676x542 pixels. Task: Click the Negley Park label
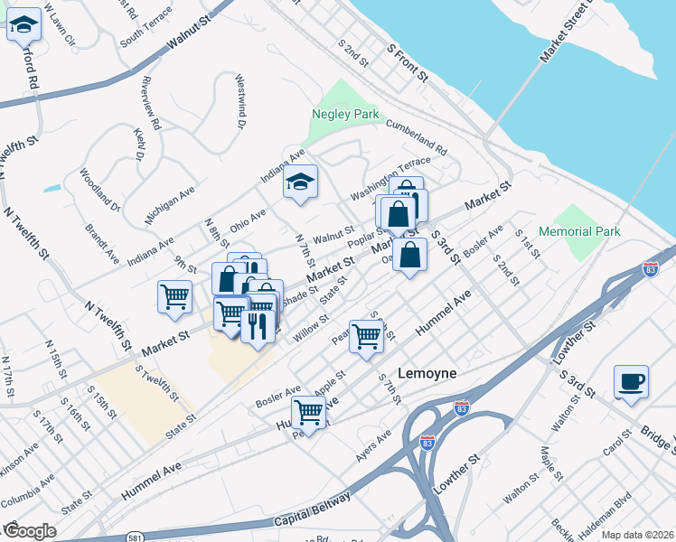344,115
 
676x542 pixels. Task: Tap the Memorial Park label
580,231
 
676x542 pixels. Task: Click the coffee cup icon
630,380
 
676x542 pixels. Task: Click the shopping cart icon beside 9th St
174,296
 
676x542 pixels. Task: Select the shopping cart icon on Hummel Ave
309,412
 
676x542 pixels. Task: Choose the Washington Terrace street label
391,179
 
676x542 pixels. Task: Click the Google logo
29,531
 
